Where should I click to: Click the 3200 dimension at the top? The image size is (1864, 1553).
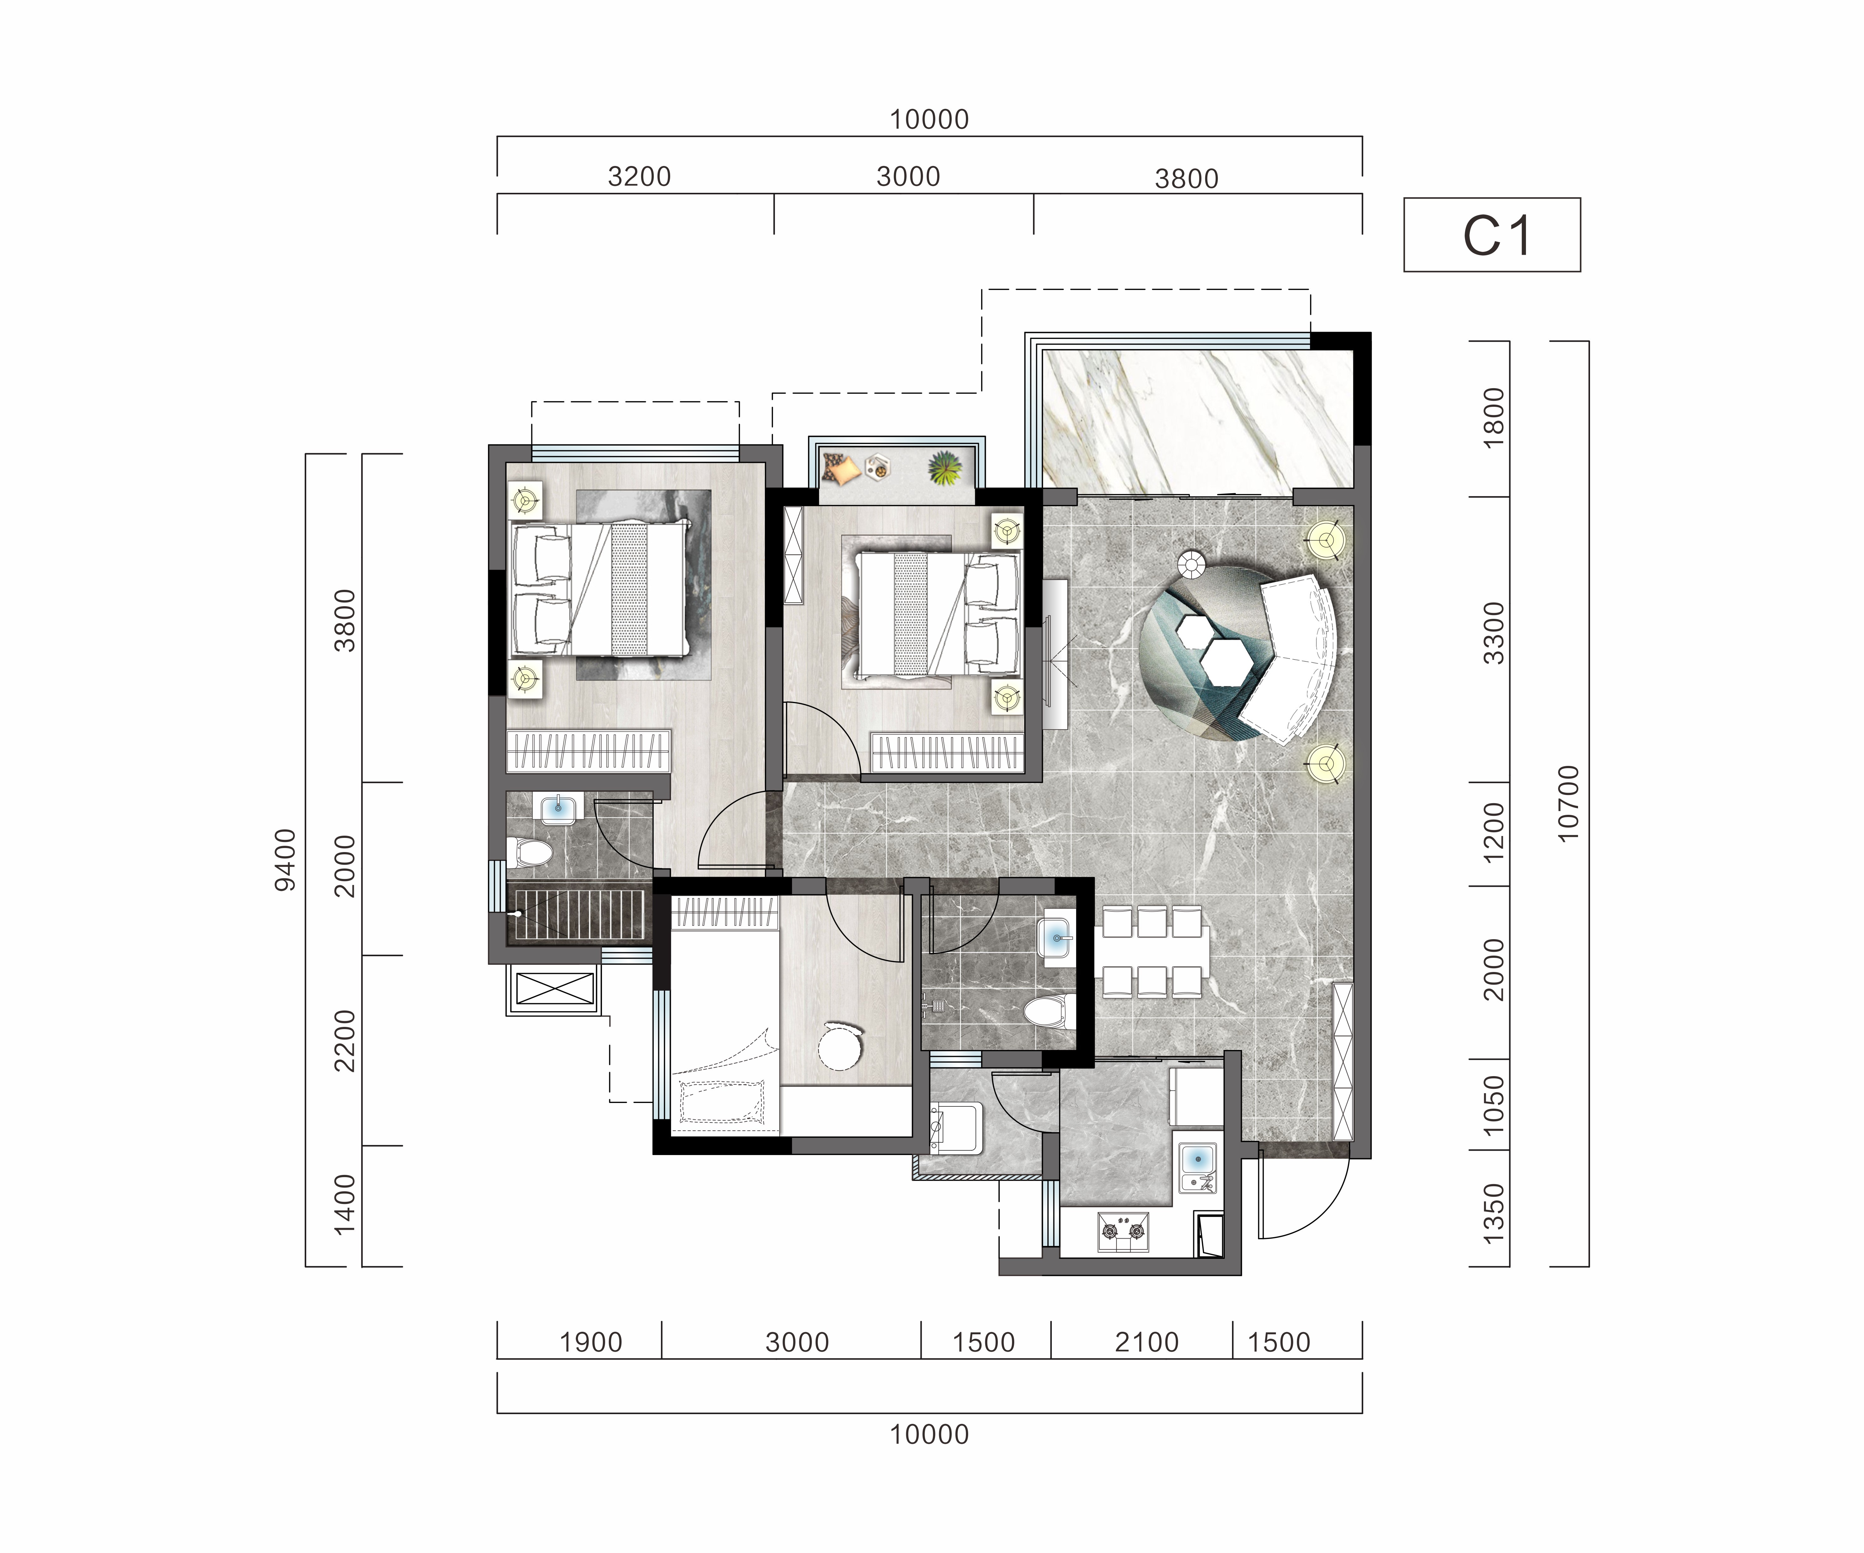point(639,177)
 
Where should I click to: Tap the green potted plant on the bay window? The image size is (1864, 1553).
point(945,468)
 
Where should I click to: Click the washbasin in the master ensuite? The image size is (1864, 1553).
point(558,809)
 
